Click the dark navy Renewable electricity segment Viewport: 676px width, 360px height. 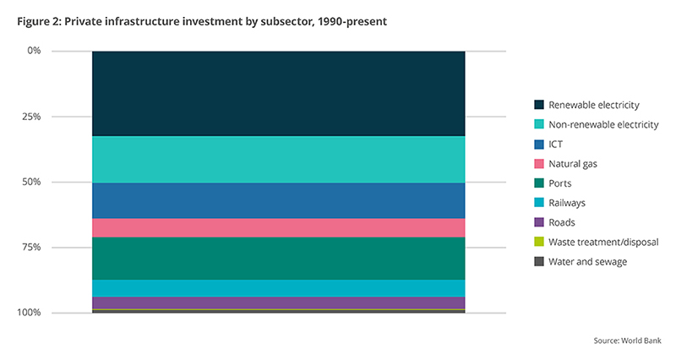278,93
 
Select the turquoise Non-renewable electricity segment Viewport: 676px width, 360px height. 278,159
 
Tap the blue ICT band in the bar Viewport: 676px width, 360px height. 278,200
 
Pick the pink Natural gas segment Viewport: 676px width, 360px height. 278,227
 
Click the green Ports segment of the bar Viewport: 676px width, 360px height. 278,258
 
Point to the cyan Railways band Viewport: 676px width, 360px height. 278,288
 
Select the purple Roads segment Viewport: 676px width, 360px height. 278,303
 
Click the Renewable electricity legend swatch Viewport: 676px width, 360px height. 538,105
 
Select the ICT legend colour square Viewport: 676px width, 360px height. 538,144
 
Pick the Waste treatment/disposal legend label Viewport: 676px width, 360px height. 602,243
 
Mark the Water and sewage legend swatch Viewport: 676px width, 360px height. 538,262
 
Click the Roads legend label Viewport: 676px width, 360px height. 562,222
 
